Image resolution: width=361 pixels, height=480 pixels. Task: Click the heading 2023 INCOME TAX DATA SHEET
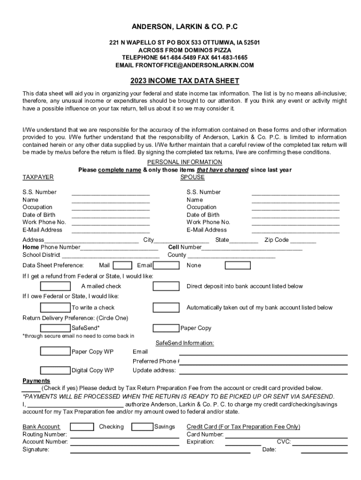[x=185, y=81]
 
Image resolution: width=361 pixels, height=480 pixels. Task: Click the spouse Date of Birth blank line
[x=295, y=216]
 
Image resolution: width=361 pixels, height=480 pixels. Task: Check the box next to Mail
[x=122, y=265]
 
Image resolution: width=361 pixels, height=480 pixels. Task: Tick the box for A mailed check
[x=55, y=286]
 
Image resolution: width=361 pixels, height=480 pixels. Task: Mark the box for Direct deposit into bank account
[x=166, y=286]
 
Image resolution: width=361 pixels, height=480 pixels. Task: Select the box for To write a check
[x=55, y=307]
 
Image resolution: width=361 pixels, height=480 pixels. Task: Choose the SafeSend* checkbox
[x=55, y=328]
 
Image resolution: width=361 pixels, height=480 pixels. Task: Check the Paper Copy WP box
[x=55, y=352]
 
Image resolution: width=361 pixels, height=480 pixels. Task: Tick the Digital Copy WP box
[x=55, y=370]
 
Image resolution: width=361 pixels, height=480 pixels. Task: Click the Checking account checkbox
[x=82, y=427]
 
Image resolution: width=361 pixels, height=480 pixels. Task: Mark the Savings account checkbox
[x=142, y=427]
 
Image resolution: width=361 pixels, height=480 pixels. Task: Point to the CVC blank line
[x=320, y=443]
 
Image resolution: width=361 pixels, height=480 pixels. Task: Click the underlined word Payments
[x=37, y=381]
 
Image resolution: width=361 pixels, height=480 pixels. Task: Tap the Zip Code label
[x=277, y=240]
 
